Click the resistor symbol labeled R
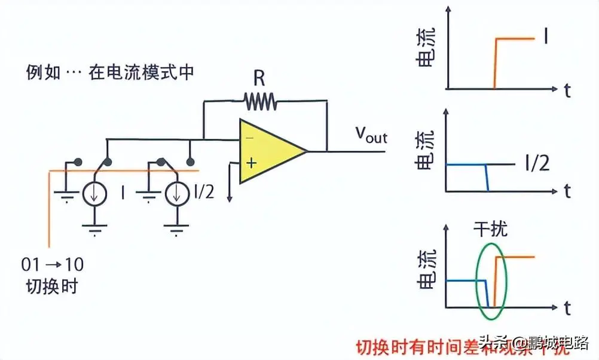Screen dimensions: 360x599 (x=260, y=102)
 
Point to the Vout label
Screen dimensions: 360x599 (x=371, y=135)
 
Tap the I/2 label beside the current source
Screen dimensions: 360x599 (x=203, y=193)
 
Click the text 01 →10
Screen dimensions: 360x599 (x=53, y=264)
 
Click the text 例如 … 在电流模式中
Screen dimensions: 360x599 (x=111, y=73)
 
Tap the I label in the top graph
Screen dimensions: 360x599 (x=546, y=38)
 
